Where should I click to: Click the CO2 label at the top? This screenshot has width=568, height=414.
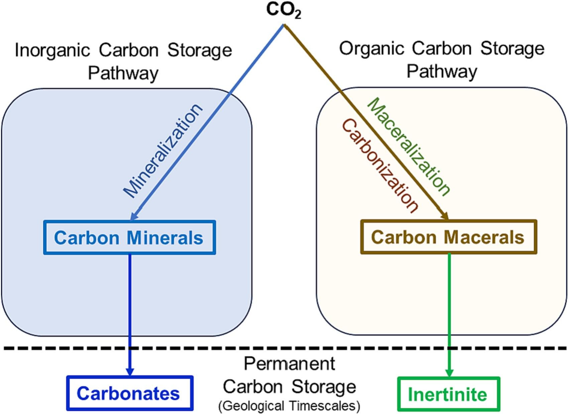(x=283, y=10)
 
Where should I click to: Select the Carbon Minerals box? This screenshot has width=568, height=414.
(x=129, y=237)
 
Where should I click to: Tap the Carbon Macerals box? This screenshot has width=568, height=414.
(x=448, y=237)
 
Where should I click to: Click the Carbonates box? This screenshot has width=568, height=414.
(x=130, y=393)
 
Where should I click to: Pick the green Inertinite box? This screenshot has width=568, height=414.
(x=448, y=394)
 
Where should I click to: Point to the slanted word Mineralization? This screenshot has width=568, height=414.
(x=163, y=151)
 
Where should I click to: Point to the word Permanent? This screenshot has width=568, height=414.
(x=290, y=364)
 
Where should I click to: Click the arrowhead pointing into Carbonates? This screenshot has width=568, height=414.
(x=130, y=372)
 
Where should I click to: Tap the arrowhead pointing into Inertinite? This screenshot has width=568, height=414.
(x=449, y=373)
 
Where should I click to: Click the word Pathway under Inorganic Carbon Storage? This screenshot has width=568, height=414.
(x=123, y=73)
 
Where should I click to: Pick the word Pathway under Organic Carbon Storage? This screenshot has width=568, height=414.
(x=442, y=71)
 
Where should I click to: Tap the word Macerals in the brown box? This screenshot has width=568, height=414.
(x=484, y=237)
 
